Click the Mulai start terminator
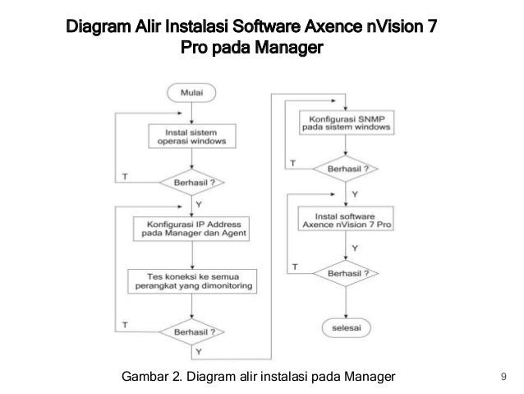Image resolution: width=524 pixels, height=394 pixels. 191,93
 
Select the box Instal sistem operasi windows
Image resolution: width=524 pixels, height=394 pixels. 192,137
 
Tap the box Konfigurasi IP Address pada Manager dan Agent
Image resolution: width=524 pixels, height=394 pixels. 191,229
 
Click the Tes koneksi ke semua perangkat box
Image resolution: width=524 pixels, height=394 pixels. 192,281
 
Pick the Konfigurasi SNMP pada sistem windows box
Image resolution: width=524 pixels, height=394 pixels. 347,123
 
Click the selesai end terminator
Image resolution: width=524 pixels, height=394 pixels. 347,327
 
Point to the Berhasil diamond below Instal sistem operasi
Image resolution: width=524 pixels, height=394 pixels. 192,183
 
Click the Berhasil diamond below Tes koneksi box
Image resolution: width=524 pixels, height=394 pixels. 192,332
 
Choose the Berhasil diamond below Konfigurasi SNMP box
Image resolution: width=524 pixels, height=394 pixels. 346,169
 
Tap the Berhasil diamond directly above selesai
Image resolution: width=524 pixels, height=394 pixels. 346,273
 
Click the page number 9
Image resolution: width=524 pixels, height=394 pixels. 503,377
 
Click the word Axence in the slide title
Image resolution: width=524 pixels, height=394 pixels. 333,26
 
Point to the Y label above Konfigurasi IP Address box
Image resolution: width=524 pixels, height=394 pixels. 199,204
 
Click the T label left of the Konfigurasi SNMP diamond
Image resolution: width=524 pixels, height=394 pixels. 292,164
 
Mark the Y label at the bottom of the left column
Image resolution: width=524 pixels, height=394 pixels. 199,351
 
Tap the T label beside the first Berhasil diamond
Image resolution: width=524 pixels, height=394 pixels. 125,176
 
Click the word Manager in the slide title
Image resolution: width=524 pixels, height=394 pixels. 289,47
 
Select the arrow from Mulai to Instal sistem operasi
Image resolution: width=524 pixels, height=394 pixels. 192,114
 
